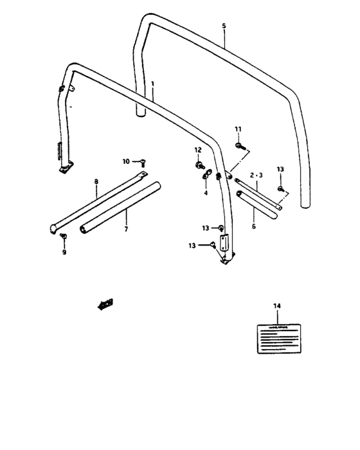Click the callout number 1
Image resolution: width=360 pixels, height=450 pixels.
pos(152,84)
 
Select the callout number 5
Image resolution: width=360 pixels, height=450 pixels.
pos(224,26)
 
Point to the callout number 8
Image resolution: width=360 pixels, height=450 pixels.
pos(96,183)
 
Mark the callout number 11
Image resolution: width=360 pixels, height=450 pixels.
pos(238,129)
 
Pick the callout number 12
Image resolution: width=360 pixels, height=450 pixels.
pos(198,150)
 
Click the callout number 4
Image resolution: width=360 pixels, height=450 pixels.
pos(206,192)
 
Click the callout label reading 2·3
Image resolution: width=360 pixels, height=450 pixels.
pos(256,174)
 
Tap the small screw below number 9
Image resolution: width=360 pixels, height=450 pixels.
pos(64,237)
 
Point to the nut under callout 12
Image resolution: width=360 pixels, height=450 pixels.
pos(198,165)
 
